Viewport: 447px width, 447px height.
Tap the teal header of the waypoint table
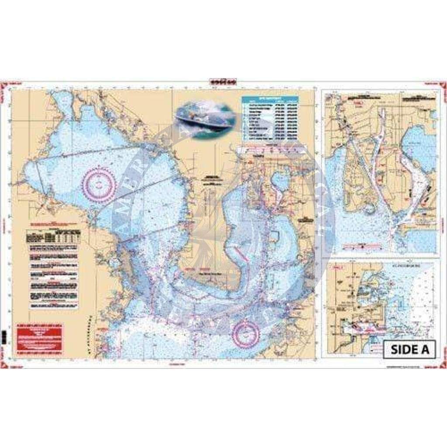pyautogui.click(x=270, y=100)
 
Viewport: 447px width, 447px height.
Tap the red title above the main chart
pyautogui.click(x=223, y=82)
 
